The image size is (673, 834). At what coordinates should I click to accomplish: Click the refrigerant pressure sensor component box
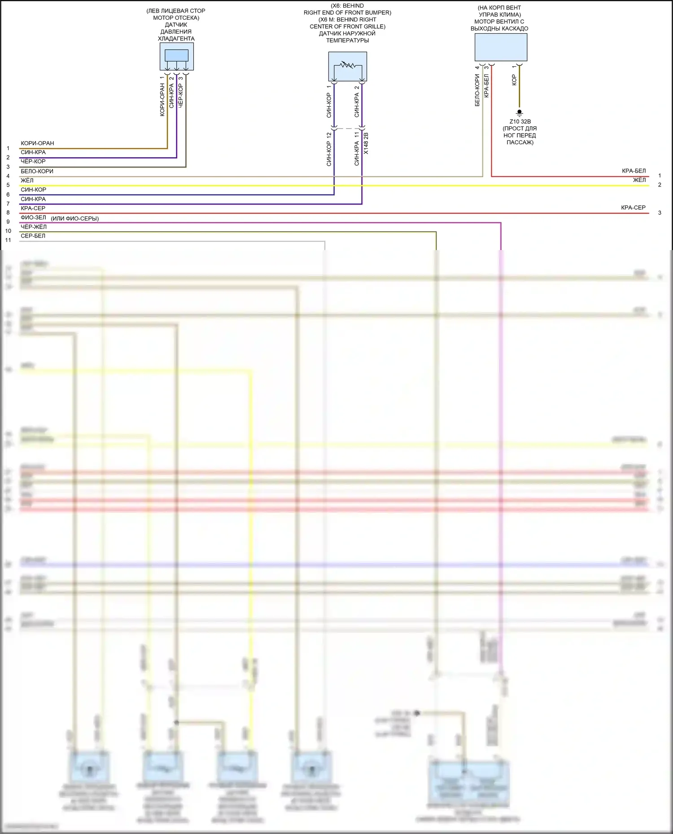[x=176, y=56]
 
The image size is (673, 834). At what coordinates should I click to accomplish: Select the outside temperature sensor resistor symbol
[x=347, y=65]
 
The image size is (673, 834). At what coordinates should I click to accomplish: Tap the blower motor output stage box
[x=501, y=47]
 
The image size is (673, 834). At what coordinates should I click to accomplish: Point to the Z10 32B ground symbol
[x=520, y=112]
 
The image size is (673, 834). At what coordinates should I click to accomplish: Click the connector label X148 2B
[x=366, y=143]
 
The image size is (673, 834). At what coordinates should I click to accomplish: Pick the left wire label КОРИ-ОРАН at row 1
[x=37, y=143]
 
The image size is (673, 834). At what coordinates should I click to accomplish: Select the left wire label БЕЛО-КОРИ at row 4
[x=37, y=171]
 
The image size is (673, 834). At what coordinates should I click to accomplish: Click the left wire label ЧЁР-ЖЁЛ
[x=34, y=227]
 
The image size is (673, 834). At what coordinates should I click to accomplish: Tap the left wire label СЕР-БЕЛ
[x=33, y=236]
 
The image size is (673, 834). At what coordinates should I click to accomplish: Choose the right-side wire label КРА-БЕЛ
[x=634, y=171]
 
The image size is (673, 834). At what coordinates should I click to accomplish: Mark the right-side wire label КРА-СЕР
[x=633, y=207]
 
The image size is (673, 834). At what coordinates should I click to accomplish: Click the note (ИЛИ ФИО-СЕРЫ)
[x=75, y=219]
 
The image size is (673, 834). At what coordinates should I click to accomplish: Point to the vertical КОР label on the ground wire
[x=514, y=80]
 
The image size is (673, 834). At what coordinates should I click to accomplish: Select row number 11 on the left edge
[x=8, y=240]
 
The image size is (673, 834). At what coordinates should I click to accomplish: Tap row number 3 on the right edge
[x=660, y=213]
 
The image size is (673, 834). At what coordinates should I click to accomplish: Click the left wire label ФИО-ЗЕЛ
[x=33, y=217]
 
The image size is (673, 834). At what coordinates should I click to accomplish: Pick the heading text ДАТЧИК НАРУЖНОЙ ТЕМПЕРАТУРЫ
[x=347, y=37]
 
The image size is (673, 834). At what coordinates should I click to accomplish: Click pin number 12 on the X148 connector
[x=329, y=135]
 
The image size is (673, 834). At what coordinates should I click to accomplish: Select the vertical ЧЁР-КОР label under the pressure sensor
[x=181, y=95]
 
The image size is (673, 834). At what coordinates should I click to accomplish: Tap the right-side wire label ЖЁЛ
[x=639, y=180]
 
